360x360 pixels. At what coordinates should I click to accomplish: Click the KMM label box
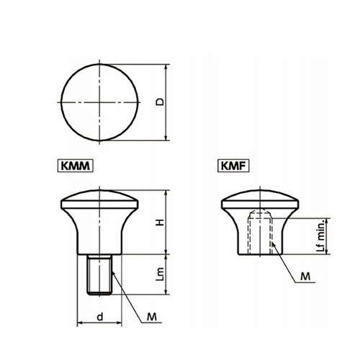[75, 166]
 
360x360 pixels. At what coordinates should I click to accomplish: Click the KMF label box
[233, 166]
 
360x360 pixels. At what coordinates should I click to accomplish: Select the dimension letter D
[160, 102]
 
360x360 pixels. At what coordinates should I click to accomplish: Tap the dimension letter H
[160, 222]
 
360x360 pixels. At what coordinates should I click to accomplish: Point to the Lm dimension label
[160, 274]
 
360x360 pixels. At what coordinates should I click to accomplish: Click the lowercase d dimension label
[100, 317]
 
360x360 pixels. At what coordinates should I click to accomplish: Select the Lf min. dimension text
[322, 235]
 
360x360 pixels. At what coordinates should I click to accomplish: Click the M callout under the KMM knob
[152, 317]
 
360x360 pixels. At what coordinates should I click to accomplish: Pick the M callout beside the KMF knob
[305, 276]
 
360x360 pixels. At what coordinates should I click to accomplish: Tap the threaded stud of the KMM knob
[99, 274]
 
